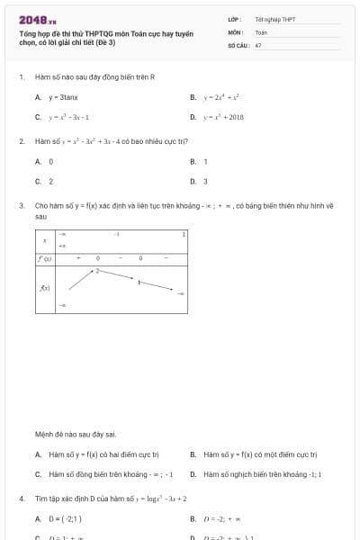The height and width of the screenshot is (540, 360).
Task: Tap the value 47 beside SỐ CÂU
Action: (x=258, y=44)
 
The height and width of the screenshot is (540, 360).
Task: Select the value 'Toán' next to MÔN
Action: (x=261, y=31)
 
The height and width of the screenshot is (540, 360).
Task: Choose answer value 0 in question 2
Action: (x=51, y=161)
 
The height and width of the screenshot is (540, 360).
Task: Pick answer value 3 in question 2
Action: (x=206, y=181)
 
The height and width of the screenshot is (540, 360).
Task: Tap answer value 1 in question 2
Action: (x=206, y=161)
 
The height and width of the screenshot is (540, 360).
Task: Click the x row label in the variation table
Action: (x=45, y=240)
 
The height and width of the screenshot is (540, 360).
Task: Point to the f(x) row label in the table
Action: (x=45, y=288)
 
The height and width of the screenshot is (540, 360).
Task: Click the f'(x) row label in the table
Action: (x=44, y=258)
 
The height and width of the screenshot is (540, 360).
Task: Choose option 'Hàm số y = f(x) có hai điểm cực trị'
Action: (x=103, y=454)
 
